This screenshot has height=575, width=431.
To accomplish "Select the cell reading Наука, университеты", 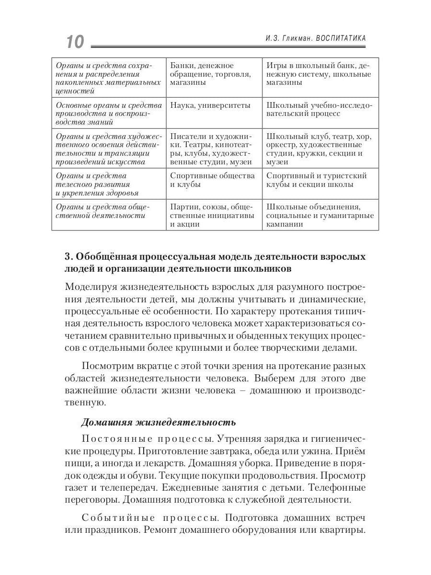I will (210, 105).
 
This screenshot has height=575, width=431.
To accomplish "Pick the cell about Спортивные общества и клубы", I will (213, 180).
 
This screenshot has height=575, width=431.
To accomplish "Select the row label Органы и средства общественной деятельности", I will (103, 211).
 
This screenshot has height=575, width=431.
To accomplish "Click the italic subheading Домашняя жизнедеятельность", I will (158, 422).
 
